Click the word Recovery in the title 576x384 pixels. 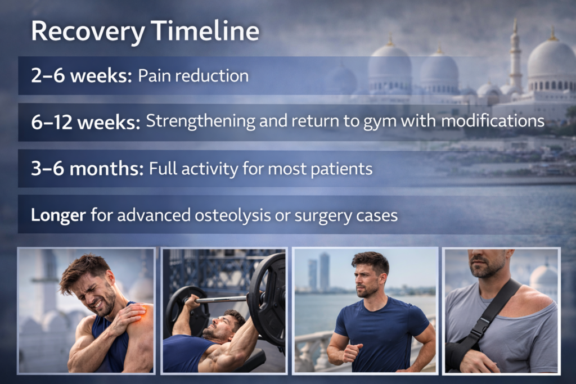point(88,32)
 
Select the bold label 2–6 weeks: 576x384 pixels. point(81,76)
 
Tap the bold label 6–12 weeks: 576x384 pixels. point(85,122)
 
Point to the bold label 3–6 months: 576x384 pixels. point(87,169)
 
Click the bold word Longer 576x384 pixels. point(58,215)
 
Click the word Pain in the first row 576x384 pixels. point(149,76)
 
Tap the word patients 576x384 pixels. point(341,169)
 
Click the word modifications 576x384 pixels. point(493,120)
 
